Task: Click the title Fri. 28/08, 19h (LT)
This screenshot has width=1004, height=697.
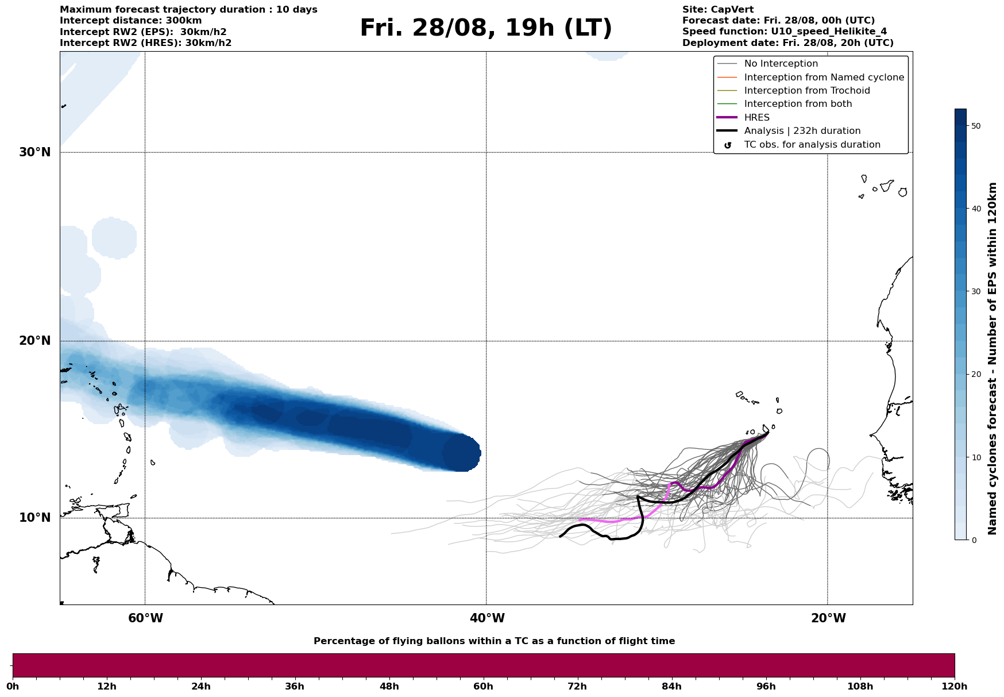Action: (x=486, y=28)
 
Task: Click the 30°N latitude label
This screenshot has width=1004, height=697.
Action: (x=35, y=152)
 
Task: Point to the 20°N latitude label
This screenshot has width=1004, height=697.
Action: (x=35, y=341)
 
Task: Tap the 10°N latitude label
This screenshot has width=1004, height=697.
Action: (x=35, y=518)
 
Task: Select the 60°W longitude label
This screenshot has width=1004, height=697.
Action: (x=145, y=618)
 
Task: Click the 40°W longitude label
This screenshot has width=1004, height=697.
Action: (x=487, y=618)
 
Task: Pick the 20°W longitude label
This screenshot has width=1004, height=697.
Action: (x=828, y=618)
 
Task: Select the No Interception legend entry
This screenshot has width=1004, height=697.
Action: (x=781, y=64)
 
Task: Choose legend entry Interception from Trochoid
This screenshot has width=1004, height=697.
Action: (x=807, y=91)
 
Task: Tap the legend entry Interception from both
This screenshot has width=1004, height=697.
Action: (x=798, y=104)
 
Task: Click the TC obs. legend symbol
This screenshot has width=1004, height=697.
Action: (x=728, y=145)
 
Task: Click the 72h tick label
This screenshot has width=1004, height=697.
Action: (x=577, y=687)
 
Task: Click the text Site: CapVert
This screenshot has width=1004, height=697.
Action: (x=718, y=10)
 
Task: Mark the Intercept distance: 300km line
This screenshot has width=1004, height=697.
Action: (x=131, y=21)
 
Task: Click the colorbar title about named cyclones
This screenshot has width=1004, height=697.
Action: (x=993, y=359)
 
